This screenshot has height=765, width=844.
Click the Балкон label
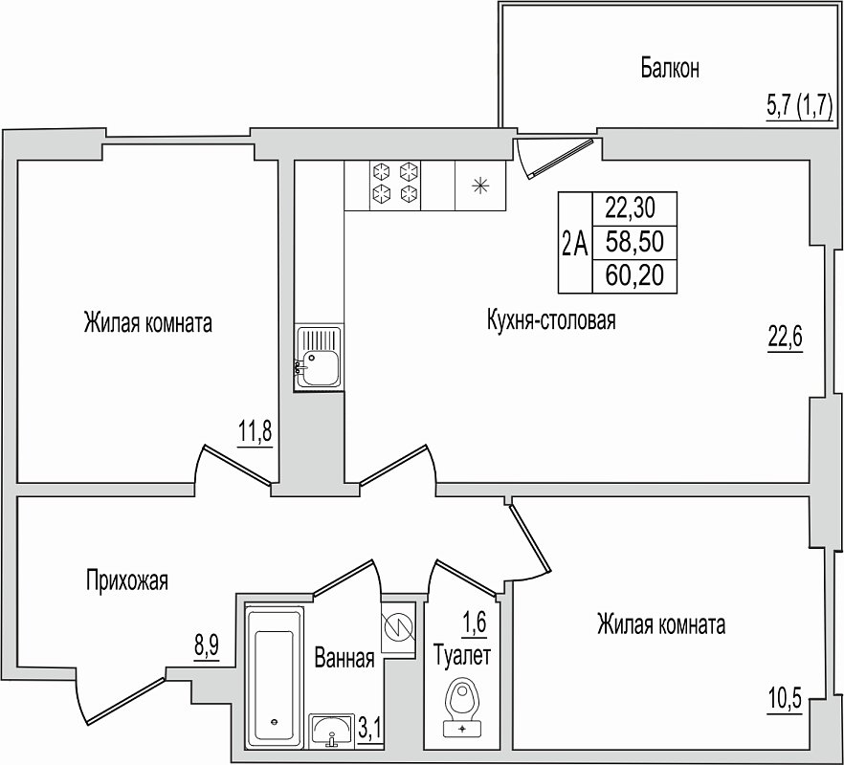[670, 68]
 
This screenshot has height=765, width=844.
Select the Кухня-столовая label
[551, 320]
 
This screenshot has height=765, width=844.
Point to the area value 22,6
[785, 338]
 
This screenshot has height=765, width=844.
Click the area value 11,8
[255, 431]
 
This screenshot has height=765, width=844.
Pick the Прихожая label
[127, 581]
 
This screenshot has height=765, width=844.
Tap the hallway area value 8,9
[207, 645]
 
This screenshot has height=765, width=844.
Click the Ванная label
[344, 658]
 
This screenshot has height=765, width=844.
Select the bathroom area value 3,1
[369, 730]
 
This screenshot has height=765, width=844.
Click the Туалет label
[462, 656]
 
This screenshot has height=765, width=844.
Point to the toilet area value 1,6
[475, 623]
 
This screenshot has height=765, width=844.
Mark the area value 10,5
[785, 700]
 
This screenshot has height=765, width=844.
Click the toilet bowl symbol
[462, 708]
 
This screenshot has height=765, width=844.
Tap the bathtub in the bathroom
[274, 677]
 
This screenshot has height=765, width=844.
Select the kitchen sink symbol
[319, 358]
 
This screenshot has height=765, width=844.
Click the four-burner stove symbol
[395, 186]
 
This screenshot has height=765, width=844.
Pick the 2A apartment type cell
[575, 243]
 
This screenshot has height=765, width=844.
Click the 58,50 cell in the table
[634, 242]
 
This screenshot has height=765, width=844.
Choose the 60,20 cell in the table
[634, 276]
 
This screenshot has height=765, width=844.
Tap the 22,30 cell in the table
[634, 208]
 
